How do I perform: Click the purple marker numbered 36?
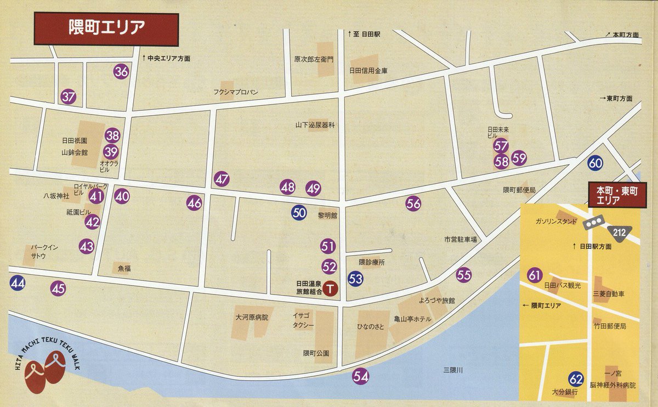(x=121, y=71)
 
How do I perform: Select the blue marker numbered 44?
(x=17, y=284)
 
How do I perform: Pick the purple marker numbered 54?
(x=360, y=377)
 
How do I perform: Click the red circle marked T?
(x=330, y=287)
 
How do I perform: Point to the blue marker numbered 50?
(x=299, y=213)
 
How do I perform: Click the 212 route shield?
(x=620, y=233)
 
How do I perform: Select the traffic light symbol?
(x=593, y=222)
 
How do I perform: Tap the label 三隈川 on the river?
(x=453, y=371)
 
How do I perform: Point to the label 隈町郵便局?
(x=519, y=190)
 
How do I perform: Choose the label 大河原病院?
(x=252, y=317)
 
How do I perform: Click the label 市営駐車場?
(x=460, y=240)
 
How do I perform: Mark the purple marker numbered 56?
(x=413, y=203)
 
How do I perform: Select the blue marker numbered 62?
(x=576, y=378)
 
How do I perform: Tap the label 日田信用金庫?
(x=369, y=71)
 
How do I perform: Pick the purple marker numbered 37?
(x=69, y=97)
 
